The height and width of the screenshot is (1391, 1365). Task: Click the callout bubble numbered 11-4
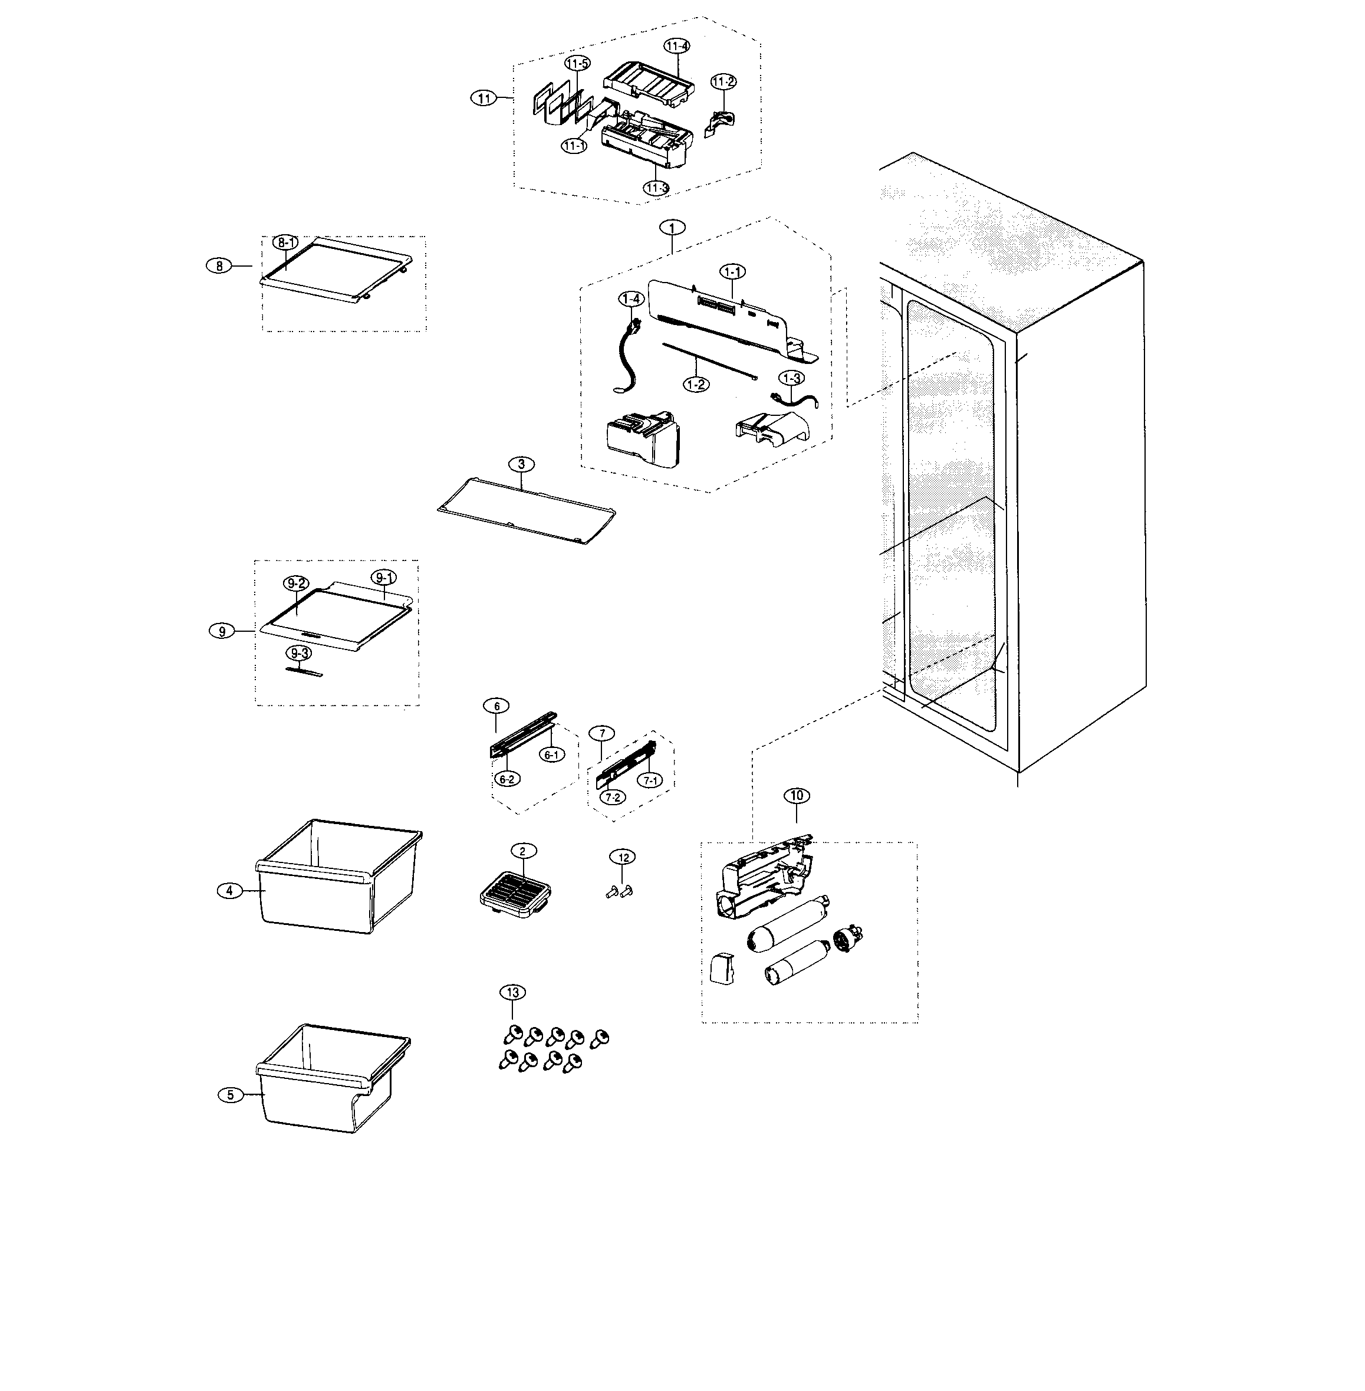[676, 46]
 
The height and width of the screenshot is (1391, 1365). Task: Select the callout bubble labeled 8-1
[285, 243]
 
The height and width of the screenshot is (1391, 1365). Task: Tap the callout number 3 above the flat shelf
[521, 464]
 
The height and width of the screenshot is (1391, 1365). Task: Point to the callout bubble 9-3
[298, 653]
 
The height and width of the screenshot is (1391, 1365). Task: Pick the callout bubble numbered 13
[512, 992]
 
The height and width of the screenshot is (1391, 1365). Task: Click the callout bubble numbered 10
[796, 796]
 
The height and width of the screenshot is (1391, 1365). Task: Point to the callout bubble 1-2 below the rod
[695, 385]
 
